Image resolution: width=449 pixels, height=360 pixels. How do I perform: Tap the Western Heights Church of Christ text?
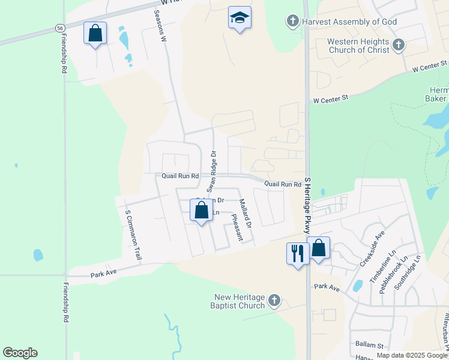coord(359,46)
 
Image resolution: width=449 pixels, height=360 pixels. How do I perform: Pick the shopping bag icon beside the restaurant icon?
coord(318,248)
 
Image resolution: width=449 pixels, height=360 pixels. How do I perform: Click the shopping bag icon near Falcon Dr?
coord(201,211)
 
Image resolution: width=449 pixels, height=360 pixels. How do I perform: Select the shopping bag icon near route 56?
coord(95,34)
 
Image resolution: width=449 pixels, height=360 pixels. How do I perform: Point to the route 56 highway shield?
coord(60,28)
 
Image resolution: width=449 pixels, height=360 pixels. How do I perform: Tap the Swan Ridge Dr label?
coord(211,168)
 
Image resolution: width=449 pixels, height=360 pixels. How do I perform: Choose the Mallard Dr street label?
coord(245,213)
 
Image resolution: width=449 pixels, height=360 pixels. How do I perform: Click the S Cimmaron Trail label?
coord(133,235)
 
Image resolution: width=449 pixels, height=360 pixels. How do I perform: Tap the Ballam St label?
coord(369,346)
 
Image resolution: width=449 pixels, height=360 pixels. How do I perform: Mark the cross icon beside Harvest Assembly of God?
coord(292,22)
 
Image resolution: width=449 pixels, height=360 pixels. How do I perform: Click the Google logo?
coord(20,353)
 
